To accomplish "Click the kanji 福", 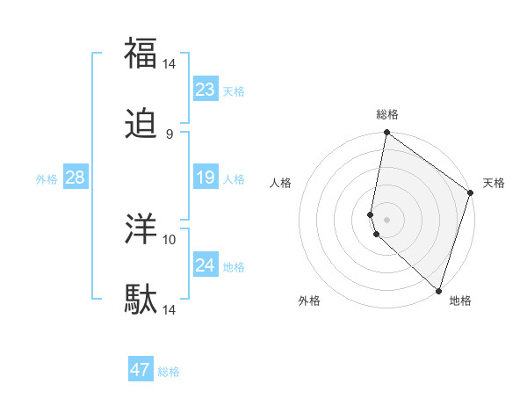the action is pos(141,53).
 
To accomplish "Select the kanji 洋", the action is pos(141,228).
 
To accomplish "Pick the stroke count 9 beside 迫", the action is pos(170,134).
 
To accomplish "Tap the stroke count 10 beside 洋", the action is pos(170,238).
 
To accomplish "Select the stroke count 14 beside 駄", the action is pos(170,310).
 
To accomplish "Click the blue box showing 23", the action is pos(205,90).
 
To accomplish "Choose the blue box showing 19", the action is pos(205,178).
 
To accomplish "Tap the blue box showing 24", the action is pos(205,264).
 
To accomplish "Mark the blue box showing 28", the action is pos(75,178).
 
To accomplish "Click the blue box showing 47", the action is pos(141,370).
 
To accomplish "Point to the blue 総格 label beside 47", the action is pos(169,372).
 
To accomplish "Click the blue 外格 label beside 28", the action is pos(47,179).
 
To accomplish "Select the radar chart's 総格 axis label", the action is pos(387,114).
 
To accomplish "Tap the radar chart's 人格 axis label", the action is pos(280,184).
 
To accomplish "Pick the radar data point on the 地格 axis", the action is pos(438,290).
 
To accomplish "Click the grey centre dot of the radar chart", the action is pos(386,219).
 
